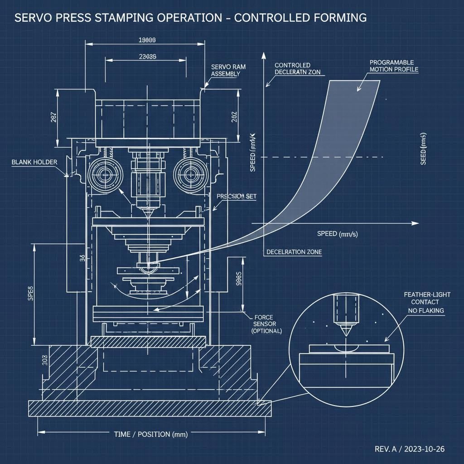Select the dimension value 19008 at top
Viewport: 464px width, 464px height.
point(146,40)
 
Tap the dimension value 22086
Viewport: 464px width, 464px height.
point(146,57)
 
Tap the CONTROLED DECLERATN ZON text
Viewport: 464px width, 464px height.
point(298,69)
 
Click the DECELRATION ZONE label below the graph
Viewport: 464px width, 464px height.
point(294,252)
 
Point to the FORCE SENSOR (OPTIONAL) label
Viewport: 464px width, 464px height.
point(266,324)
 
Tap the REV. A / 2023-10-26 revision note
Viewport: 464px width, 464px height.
point(410,449)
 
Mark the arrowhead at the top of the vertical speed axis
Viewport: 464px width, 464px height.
point(263,55)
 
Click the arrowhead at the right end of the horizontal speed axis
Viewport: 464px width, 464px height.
point(416,223)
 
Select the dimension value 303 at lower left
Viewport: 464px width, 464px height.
point(45,360)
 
